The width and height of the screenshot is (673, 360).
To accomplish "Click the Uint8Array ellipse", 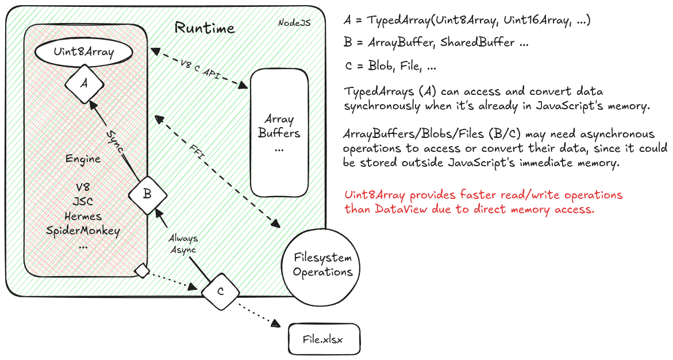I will [84, 52].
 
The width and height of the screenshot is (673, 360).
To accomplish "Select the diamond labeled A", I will [84, 83].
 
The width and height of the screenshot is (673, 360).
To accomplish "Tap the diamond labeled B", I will [147, 194].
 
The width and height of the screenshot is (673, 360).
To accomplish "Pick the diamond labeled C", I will [220, 291].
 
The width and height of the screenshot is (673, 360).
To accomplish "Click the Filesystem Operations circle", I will [322, 265].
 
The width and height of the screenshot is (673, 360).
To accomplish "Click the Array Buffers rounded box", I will [279, 132].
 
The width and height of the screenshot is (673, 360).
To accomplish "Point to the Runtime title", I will [205, 28].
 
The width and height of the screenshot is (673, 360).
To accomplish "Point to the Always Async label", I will [184, 243].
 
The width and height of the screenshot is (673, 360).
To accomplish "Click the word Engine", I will [83, 159].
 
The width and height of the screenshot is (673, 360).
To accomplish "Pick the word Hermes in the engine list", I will [83, 216].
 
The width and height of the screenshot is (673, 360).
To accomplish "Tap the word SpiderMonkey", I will [83, 231].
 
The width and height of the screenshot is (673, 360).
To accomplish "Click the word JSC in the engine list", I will [83, 202].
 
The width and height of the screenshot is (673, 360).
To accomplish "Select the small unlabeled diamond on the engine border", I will [141, 270].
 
